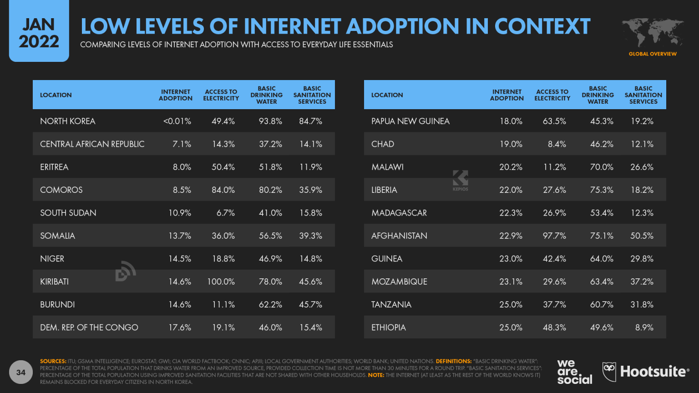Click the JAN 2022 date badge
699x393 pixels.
click(x=39, y=33)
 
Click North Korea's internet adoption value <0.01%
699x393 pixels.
click(x=177, y=121)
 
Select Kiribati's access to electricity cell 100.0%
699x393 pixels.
click(x=221, y=282)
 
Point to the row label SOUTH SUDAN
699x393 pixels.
click(x=68, y=213)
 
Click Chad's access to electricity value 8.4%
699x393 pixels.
click(x=557, y=144)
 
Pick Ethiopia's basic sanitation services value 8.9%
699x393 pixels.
click(x=644, y=327)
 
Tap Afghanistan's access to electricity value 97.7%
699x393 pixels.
click(x=554, y=236)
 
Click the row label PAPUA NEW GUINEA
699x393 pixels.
click(x=410, y=121)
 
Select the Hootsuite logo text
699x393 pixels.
click(x=653, y=372)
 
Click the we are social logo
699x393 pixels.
click(x=574, y=372)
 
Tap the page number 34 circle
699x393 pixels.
click(x=21, y=372)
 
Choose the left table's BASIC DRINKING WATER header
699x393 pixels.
click(x=267, y=95)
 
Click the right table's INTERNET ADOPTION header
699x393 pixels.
click(x=507, y=95)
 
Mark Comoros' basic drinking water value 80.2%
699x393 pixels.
click(x=270, y=190)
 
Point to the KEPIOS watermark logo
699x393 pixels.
click(x=460, y=180)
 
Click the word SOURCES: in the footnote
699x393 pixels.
click(x=53, y=361)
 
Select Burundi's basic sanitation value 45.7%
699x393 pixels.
click(x=310, y=305)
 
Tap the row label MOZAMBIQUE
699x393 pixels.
click(x=399, y=282)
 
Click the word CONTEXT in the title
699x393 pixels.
click(x=542, y=26)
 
